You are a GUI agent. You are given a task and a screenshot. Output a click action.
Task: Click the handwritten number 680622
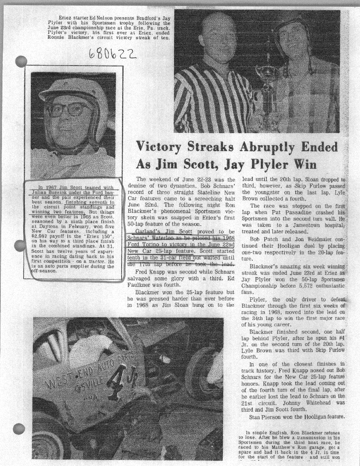click(111, 53)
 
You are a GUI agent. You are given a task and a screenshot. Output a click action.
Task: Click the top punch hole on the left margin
click(20, 62)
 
